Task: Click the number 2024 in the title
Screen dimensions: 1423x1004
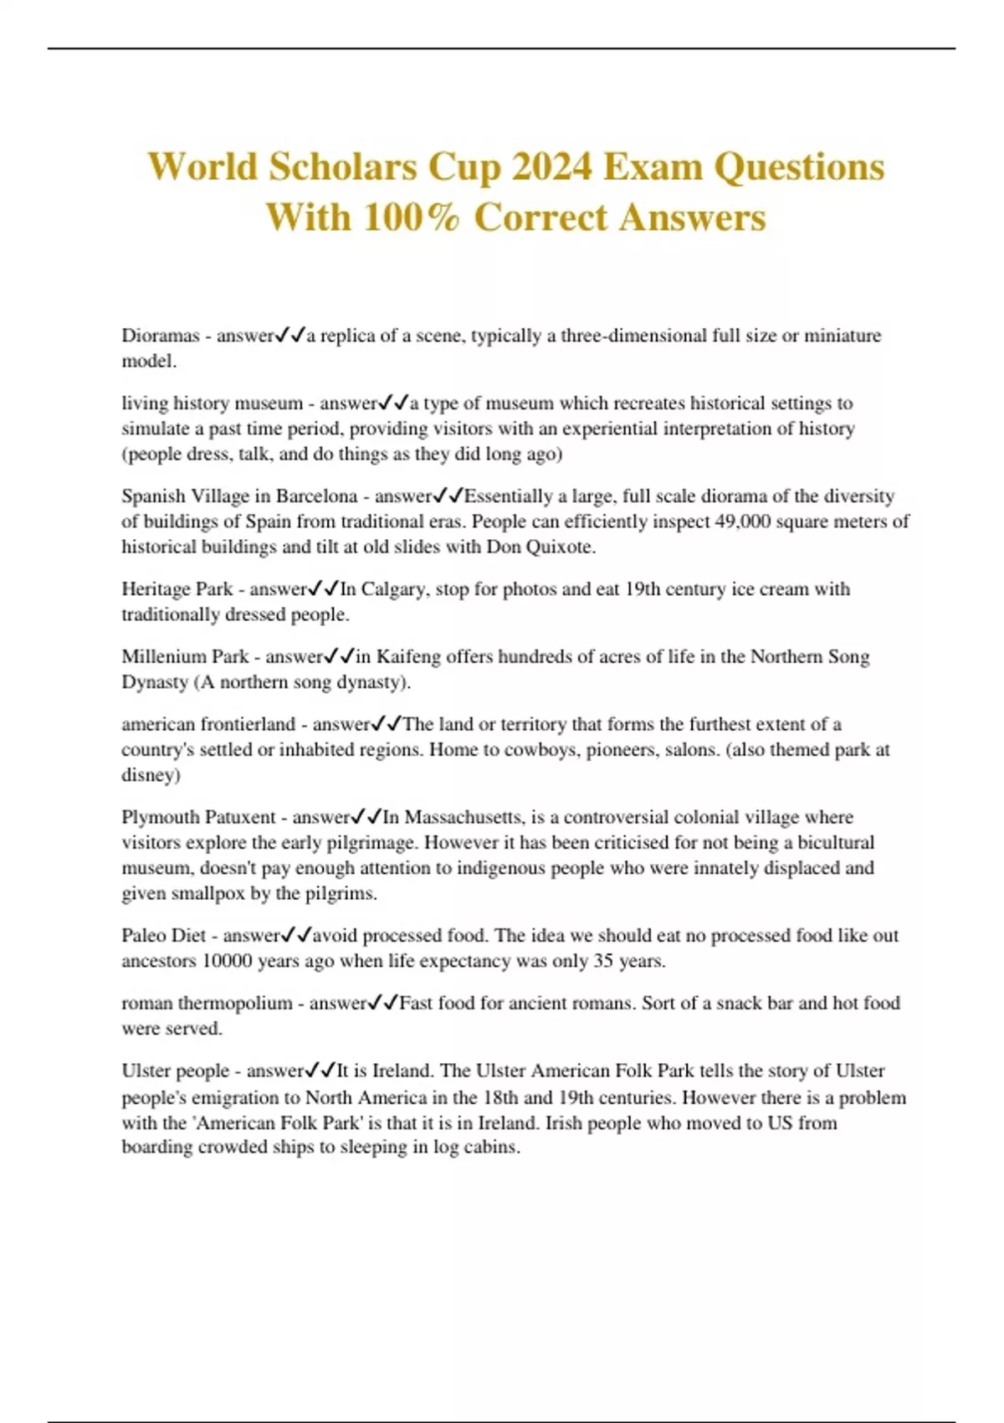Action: [x=551, y=167]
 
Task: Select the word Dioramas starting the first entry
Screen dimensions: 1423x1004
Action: [x=161, y=336]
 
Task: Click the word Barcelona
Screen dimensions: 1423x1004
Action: [x=316, y=496]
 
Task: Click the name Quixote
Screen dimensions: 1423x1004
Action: [x=561, y=547]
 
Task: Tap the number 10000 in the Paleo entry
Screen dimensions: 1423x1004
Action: [x=227, y=961]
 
